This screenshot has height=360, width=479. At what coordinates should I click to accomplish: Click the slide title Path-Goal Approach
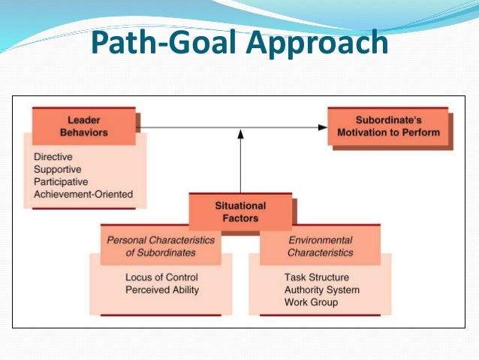(239, 43)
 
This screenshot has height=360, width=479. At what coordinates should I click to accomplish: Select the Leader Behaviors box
(83, 126)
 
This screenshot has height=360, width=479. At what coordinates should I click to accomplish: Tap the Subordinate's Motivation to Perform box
(387, 126)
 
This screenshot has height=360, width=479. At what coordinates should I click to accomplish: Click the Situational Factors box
(240, 212)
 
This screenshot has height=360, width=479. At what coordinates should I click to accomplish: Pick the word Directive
(54, 158)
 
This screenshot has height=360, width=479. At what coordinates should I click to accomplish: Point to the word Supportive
(59, 170)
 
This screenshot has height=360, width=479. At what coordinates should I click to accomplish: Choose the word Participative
(61, 182)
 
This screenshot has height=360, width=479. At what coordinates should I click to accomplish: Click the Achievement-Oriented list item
(83, 194)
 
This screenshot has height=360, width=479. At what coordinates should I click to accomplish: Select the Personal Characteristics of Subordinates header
(161, 247)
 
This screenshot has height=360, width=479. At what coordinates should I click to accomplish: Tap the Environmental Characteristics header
(321, 247)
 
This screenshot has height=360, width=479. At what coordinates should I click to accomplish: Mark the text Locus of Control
(161, 277)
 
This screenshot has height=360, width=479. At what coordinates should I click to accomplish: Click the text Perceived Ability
(161, 289)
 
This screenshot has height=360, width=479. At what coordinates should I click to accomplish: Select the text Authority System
(322, 289)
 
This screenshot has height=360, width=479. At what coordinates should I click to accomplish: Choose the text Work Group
(311, 302)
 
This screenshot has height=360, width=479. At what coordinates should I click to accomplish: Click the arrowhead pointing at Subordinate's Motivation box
(324, 126)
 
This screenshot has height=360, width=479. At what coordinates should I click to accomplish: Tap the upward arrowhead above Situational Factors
(240, 134)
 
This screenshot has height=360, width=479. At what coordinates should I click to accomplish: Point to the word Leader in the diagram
(83, 119)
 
